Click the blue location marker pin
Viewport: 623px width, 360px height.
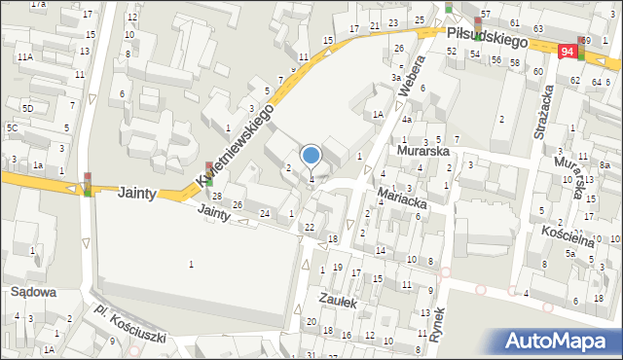tap(311, 156)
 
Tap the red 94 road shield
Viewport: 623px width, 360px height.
tap(568, 51)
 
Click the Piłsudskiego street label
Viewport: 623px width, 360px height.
tap(488, 38)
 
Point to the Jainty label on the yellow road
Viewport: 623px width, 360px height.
tap(136, 194)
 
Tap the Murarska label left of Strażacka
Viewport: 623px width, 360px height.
tap(421, 152)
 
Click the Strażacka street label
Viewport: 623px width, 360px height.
tap(542, 111)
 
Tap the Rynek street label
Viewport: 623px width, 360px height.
tap(438, 327)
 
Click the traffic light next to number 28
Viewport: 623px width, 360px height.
tap(208, 174)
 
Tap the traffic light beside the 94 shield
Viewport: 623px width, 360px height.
tap(582, 48)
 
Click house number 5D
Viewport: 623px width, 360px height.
tap(28, 108)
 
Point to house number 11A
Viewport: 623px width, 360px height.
tap(23, 57)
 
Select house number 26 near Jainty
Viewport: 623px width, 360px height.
tap(238, 204)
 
